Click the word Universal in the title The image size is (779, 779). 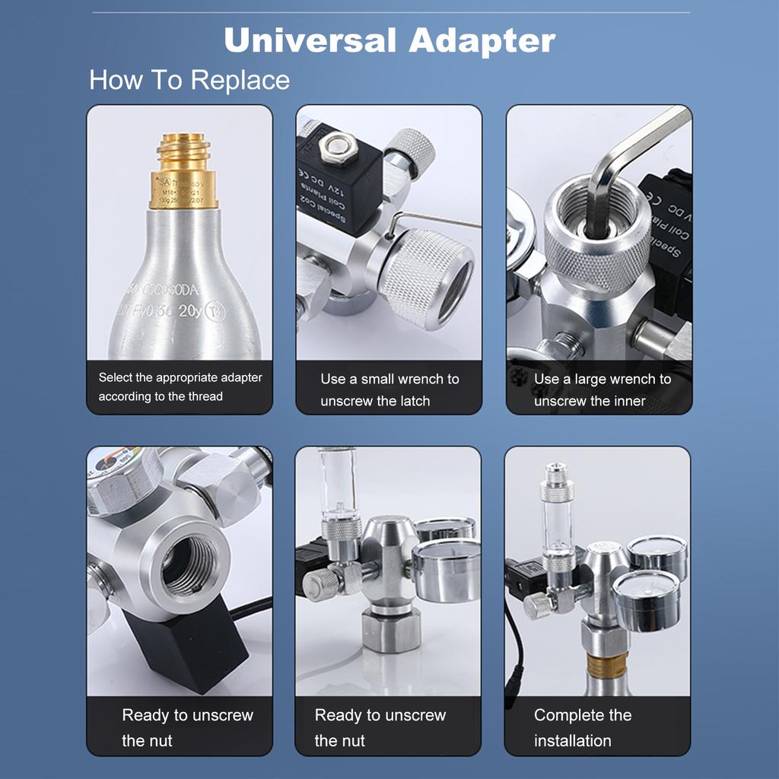coord(310,40)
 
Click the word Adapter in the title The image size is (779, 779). coord(482,42)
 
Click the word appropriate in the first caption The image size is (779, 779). coord(208,377)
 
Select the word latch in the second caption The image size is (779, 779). coord(409,401)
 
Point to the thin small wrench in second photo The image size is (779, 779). coord(434,221)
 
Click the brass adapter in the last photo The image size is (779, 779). coord(606,663)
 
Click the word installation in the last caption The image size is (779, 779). coord(572,740)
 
